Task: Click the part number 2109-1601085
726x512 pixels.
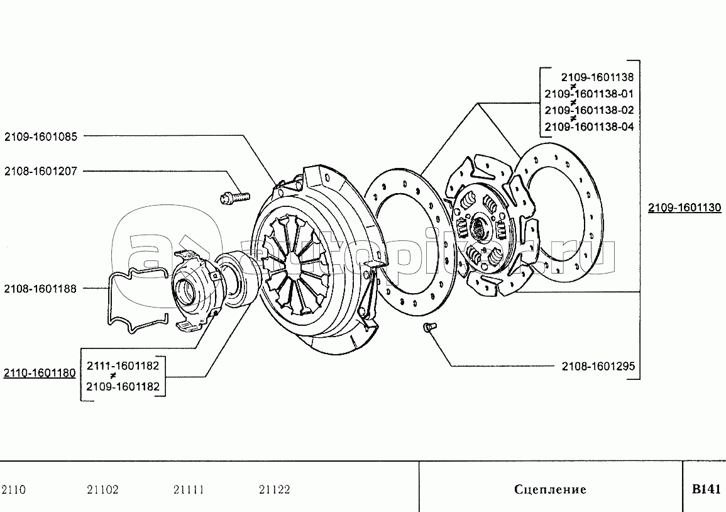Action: coord(41,135)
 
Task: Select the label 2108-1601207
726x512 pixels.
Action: coord(41,170)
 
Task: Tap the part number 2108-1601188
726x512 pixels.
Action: coord(41,289)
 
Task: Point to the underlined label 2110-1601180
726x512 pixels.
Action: coord(40,373)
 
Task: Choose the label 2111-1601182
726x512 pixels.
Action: coord(123,365)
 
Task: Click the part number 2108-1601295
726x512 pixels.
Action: coord(598,365)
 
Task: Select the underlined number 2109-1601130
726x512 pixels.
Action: coord(685,208)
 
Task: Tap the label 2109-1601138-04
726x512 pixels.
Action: coord(589,126)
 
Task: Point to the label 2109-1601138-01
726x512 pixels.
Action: coord(589,94)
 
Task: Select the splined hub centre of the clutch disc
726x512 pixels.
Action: coord(481,228)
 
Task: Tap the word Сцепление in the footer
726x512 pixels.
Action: coord(550,489)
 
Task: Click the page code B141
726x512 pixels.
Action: coord(705,489)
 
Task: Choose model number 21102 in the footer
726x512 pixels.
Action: coord(102,489)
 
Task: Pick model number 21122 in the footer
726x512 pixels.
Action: coord(274,489)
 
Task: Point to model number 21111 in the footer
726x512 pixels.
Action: coord(188,489)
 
